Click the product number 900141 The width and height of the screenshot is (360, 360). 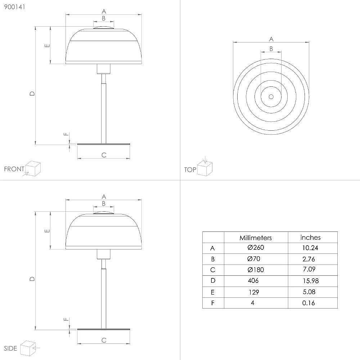tap(14, 7)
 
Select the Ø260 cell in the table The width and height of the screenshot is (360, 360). tap(256, 248)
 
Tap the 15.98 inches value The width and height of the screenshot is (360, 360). tap(311, 281)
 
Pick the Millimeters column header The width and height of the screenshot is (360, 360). tap(256, 238)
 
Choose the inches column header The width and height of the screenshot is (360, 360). tap(310, 237)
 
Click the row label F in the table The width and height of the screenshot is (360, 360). tap(213, 303)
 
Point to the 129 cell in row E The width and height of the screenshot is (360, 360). tap(254, 292)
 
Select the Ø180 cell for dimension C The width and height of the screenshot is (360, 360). tap(256, 270)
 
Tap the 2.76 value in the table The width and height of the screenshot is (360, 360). tap(309, 259)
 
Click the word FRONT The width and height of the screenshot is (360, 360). tap(14, 169)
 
